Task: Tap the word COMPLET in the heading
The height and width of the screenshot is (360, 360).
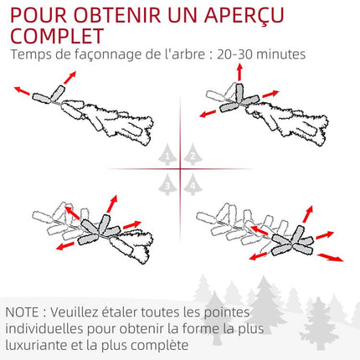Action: pos(57,36)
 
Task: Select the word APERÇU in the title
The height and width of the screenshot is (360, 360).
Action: pos(244,16)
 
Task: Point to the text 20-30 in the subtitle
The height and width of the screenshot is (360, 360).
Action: pos(234,54)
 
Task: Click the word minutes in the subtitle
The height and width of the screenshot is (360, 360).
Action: pos(280,54)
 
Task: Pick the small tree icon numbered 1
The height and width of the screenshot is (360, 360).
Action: pos(167,154)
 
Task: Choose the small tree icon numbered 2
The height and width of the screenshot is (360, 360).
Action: pos(193,154)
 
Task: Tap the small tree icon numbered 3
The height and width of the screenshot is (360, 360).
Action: pos(167,184)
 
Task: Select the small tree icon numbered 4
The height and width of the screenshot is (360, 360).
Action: pos(193,184)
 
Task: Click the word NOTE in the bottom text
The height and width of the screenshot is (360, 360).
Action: pos(23,312)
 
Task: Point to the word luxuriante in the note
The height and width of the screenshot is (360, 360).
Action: pos(36,346)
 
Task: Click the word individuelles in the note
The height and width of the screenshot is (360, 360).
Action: pos(44,329)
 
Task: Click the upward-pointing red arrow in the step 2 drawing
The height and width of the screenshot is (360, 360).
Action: pos(239,72)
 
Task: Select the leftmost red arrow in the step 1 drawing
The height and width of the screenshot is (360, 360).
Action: pos(22,90)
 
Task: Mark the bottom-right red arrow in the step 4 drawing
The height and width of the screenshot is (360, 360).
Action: pos(331,257)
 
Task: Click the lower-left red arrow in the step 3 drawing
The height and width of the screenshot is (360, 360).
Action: pos(65,246)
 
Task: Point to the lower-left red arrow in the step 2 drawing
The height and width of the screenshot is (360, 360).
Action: pos(208,114)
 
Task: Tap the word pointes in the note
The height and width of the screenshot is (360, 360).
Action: pos(227,313)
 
